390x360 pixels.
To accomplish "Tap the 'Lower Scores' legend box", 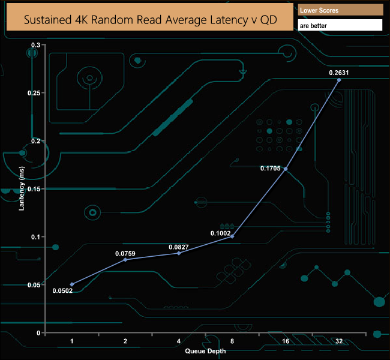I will pos(340,10).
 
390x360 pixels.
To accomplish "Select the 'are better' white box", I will pos(340,25).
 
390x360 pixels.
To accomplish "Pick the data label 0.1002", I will pos(221,233).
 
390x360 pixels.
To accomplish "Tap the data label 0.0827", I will pos(179,246).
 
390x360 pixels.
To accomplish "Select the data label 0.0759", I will pos(125,253).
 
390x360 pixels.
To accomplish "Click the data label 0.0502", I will pos(62,292).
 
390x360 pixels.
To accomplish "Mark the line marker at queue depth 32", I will pos(339,80).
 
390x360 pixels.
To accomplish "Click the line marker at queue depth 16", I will pos(286,169).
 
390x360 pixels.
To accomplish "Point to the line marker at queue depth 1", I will pos(72,284).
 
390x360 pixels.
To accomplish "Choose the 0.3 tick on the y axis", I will pos(35,45).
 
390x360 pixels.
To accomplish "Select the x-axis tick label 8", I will pos(232,341).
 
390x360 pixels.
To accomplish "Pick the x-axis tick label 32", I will pos(339,341).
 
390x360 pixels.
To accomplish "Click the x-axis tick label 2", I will pos(125,341).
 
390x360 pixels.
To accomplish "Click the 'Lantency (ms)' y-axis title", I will pos(22,190).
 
